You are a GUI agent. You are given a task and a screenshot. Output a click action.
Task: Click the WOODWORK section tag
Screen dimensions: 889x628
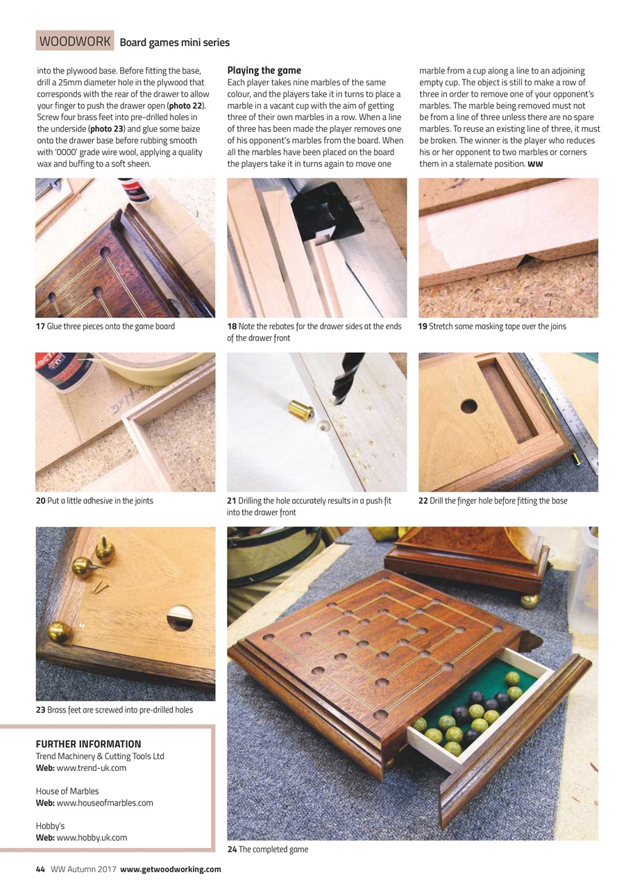coord(75,42)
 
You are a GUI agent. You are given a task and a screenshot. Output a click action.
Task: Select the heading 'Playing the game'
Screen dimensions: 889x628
coord(264,71)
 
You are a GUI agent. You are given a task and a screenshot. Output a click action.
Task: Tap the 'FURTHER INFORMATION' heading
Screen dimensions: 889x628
coord(88,744)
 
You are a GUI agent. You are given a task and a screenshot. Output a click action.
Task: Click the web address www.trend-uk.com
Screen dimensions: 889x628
coord(91,768)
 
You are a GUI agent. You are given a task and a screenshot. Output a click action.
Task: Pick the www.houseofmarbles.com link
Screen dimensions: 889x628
coord(104,803)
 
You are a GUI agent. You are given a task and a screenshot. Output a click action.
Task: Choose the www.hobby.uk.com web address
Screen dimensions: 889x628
coord(92,838)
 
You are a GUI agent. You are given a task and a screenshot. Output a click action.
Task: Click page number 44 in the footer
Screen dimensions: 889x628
coord(40,869)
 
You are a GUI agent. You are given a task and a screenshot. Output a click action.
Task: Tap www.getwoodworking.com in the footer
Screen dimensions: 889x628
coord(171,869)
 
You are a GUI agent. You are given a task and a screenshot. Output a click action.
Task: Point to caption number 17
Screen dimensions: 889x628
coord(40,326)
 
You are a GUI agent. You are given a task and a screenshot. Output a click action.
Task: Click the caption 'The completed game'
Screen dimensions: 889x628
coord(273,849)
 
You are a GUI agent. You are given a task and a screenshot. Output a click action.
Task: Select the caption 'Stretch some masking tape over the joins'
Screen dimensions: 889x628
coord(497,326)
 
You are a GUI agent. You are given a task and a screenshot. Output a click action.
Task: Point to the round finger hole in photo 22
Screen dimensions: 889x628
coord(469,406)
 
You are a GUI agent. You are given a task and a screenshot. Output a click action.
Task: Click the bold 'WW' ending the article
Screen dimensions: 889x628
coord(535,165)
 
